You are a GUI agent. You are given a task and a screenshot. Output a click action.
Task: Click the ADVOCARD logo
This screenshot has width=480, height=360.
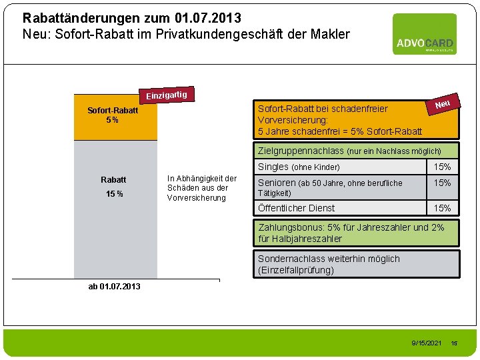[424, 34]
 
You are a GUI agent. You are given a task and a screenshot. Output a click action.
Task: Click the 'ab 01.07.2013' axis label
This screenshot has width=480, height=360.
[114, 287]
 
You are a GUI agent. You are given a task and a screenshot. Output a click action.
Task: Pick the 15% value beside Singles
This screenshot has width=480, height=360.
[443, 167]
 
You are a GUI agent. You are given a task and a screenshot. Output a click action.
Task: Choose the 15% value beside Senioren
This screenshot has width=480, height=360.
[443, 183]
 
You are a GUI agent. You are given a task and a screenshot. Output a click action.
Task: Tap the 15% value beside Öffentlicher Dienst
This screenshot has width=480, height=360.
[443, 208]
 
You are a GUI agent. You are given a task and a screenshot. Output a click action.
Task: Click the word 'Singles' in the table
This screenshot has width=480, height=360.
[273, 167]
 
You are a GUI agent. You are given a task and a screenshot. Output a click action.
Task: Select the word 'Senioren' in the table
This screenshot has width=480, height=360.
[277, 183]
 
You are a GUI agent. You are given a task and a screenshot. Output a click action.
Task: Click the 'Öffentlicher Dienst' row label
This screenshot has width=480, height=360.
[296, 208]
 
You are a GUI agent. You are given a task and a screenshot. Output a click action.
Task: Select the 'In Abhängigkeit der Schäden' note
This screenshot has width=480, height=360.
[202, 188]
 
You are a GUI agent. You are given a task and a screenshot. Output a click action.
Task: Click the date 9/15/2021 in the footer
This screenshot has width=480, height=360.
[427, 343]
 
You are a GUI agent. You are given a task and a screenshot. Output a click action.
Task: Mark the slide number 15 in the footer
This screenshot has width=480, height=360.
[455, 343]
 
